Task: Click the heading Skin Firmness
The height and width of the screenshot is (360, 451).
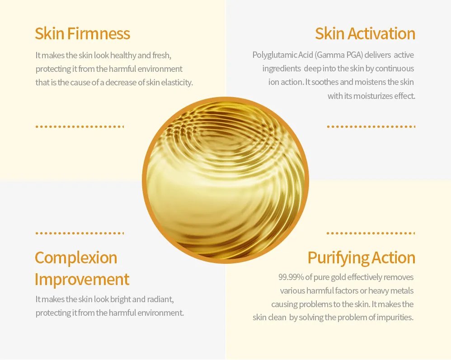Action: coord(83,33)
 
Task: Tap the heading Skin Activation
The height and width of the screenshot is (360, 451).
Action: coord(365,33)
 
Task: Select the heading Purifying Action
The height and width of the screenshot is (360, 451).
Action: coord(361,258)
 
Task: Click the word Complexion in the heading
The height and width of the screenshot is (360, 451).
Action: coord(76,258)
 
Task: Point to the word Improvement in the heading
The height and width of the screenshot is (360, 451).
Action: coord(82,279)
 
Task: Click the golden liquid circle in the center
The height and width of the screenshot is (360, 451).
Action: coord(225,180)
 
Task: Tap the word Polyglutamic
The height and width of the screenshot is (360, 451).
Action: coord(274,55)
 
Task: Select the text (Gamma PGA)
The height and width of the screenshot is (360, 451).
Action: coord(338,55)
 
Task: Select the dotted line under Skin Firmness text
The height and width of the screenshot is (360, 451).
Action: coord(80,126)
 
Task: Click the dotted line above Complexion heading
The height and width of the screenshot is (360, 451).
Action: coord(80,233)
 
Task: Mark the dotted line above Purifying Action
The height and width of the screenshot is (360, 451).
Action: coord(371,233)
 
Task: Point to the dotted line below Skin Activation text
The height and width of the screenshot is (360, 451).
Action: coord(371,126)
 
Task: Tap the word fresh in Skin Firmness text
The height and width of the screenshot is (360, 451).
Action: coord(162,55)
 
